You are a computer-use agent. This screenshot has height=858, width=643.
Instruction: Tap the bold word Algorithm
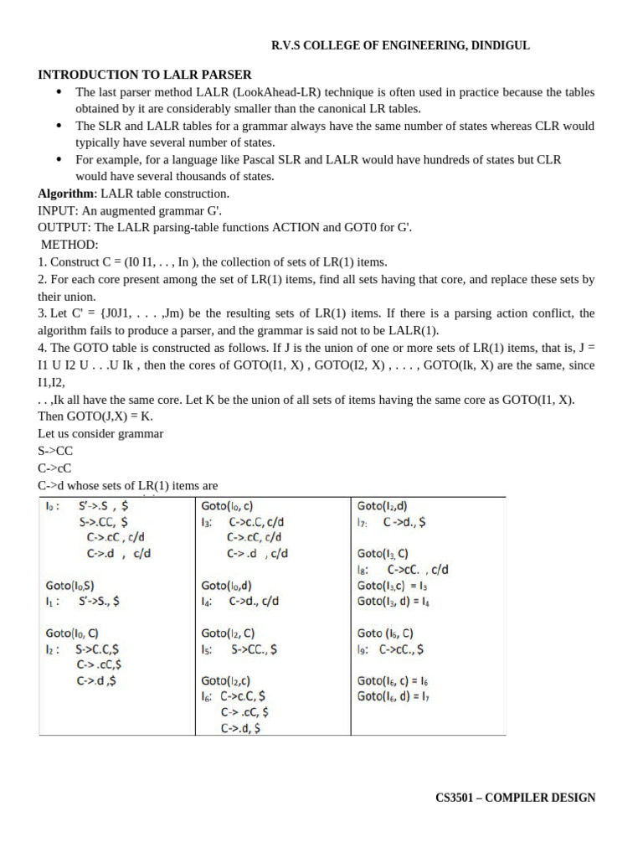(x=65, y=193)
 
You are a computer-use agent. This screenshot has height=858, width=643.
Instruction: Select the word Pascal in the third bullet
(x=242, y=159)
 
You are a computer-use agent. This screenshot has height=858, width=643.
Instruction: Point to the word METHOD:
(x=69, y=244)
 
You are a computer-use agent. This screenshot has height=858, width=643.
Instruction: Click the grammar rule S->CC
(x=55, y=451)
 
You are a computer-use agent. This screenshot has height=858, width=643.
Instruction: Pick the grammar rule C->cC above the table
(x=55, y=468)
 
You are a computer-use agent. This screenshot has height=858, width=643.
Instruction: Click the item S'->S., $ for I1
(x=99, y=600)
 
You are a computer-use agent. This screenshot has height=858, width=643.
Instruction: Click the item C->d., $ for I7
(x=404, y=522)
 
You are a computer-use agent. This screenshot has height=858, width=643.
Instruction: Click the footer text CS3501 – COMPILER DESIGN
(x=515, y=798)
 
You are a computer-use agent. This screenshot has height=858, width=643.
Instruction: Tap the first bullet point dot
(x=59, y=92)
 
